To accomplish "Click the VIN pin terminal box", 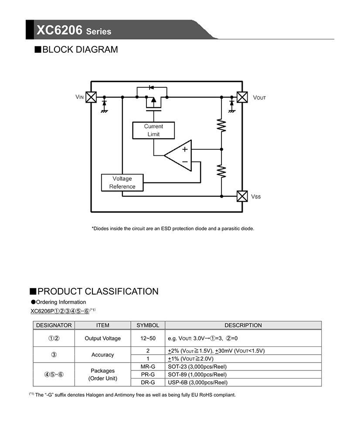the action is click(91, 97).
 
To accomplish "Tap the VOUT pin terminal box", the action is click(242, 97).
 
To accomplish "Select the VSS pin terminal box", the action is click(242, 196).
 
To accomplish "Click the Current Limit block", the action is click(153, 130).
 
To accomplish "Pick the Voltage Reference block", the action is click(122, 183).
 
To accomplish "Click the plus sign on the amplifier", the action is click(185, 149).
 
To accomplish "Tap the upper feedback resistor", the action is click(221, 126).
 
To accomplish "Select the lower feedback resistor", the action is click(221, 171).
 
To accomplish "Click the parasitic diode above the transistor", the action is click(151, 87).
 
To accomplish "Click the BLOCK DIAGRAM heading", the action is click(76, 50).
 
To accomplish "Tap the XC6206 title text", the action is click(59, 30).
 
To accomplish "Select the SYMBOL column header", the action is click(148, 325).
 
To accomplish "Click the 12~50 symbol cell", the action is click(148, 338).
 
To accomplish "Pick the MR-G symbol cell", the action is click(148, 367).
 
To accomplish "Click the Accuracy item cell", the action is click(102, 354).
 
